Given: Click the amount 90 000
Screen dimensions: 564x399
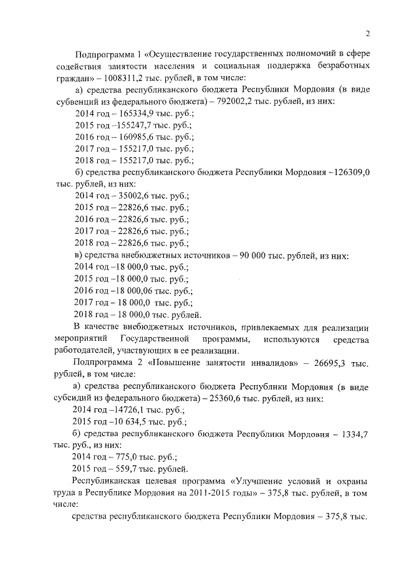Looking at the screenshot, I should point(254,256).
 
